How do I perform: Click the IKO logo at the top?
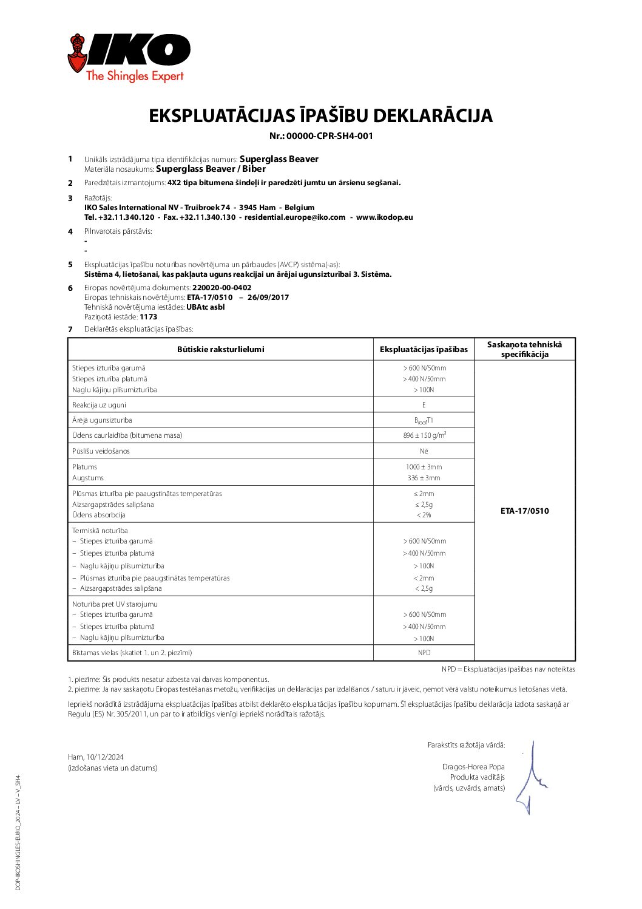pos(129,57)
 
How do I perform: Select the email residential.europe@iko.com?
pos(295,217)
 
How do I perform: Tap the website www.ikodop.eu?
pos(384,217)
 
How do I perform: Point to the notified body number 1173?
pos(148,317)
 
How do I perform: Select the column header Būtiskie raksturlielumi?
pos(220,350)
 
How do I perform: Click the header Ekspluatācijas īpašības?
pos(424,350)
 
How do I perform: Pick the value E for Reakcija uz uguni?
pos(424,405)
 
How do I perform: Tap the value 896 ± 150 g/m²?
pos(424,435)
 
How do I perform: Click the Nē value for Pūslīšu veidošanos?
pos(424,451)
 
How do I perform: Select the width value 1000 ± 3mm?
pos(424,467)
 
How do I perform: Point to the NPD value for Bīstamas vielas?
pos(424,653)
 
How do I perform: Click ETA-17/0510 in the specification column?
pos(524,511)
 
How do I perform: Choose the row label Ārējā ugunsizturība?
pos(102,420)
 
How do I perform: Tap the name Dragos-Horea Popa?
pos(473,767)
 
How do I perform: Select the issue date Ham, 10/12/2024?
pos(96,757)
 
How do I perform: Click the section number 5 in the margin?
pos(70,265)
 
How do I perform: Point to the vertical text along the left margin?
pos(18,832)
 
